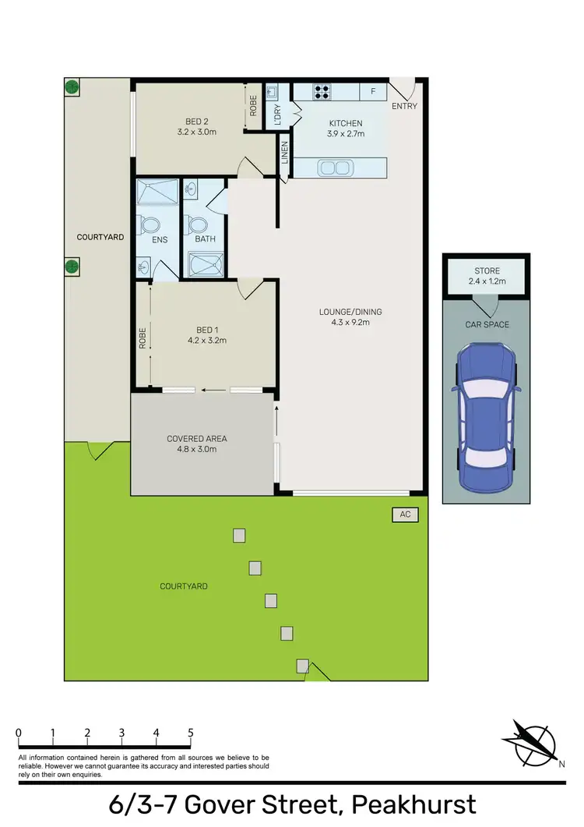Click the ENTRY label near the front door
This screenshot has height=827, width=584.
tap(403, 105)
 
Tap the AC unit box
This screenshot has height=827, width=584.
tap(404, 514)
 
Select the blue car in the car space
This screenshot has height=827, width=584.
tap(486, 418)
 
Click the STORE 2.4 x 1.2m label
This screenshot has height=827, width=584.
tap(486, 276)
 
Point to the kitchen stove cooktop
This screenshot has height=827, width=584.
tap(322, 92)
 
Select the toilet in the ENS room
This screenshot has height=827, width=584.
tap(149, 225)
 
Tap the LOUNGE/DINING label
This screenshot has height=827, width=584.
tap(350, 313)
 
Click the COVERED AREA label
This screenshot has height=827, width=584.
tap(196, 439)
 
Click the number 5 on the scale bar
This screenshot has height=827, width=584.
tap(190, 733)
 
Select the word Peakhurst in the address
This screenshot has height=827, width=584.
tap(413, 804)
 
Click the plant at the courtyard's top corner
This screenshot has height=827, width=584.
tap(72, 87)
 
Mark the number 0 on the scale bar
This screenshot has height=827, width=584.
tap(18, 733)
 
